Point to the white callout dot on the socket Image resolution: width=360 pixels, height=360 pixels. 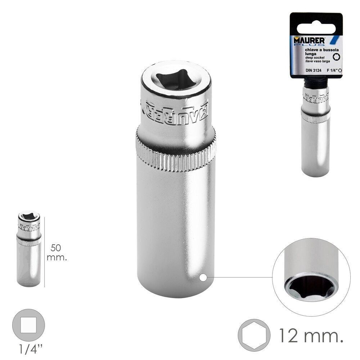point(203,278)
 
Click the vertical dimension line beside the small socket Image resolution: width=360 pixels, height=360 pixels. point(44,252)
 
